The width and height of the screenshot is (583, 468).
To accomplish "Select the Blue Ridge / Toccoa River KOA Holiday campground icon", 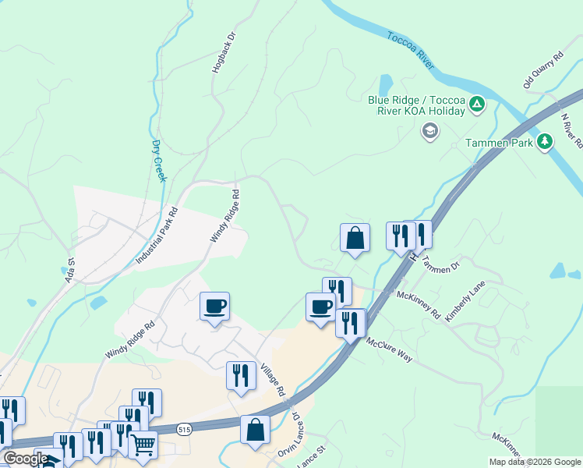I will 478,104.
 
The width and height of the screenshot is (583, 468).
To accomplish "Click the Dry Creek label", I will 159,161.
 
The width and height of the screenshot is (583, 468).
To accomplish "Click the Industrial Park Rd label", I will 157,234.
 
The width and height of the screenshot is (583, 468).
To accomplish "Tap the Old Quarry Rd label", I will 542,70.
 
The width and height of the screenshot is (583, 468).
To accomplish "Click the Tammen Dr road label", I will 442,264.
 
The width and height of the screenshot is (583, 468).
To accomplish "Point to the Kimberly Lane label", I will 465,303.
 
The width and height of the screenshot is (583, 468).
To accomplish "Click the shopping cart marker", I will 143,445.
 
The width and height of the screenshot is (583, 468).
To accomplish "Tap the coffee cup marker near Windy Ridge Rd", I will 214,306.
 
